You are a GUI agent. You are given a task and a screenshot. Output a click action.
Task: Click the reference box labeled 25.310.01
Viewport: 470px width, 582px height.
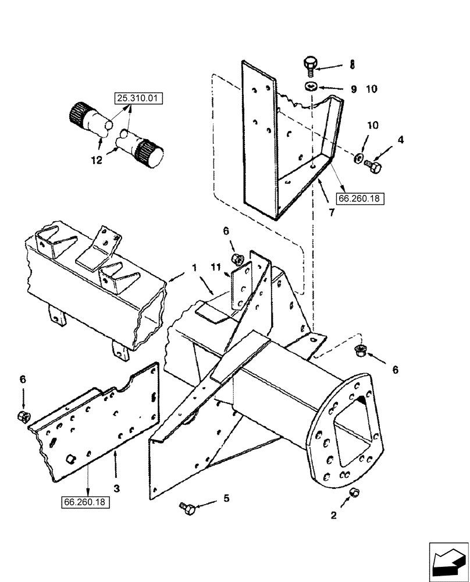click(x=138, y=98)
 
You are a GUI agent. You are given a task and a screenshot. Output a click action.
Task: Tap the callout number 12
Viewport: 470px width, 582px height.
click(x=97, y=159)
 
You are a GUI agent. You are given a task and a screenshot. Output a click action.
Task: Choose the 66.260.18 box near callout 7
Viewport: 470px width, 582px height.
click(x=358, y=198)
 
